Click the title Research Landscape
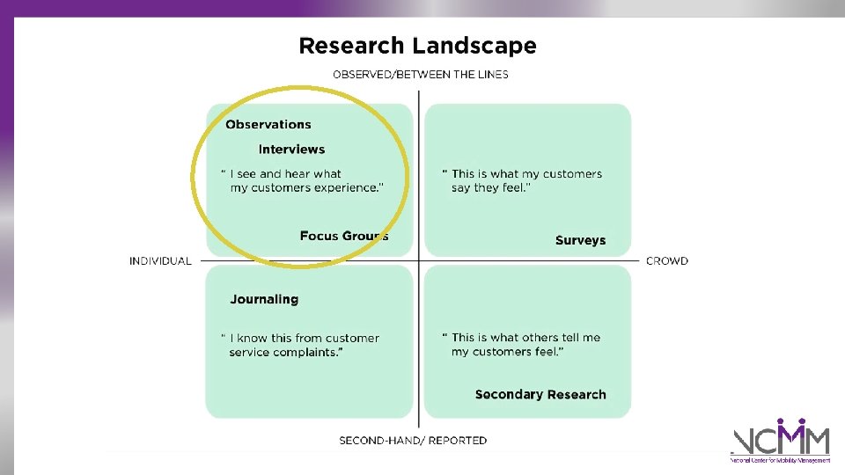tap(417, 46)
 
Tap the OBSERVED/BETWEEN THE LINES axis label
tap(420, 74)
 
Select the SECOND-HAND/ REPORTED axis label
tap(413, 440)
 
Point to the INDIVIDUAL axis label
tap(160, 260)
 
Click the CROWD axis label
tap(667, 260)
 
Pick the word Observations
tap(268, 124)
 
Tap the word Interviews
tap(291, 150)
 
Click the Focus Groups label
tap(343, 236)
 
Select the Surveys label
tap(580, 240)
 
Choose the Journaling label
tap(264, 299)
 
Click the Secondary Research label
tap(540, 394)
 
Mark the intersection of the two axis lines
tap(419, 260)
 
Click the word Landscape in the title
tap(483, 46)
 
